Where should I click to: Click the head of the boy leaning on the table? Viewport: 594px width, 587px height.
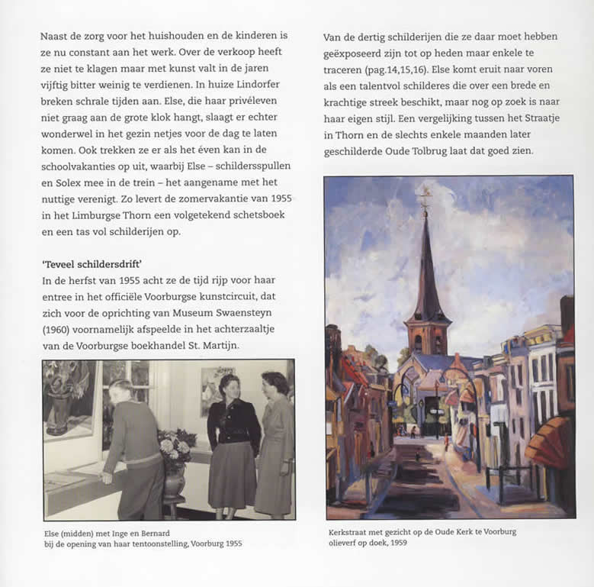(121, 392)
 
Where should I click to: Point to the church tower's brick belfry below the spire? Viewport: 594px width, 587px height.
(428, 334)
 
